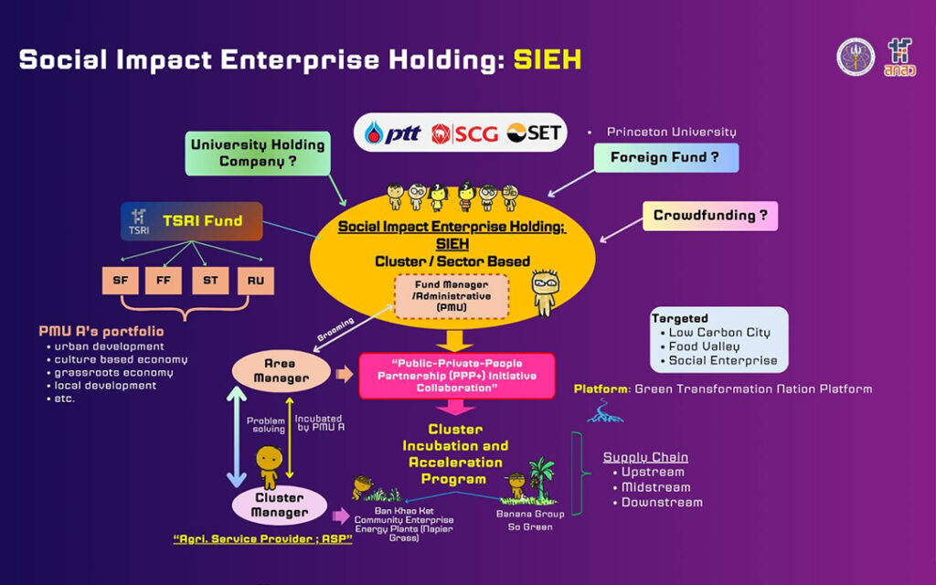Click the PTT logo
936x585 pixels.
pos(393,133)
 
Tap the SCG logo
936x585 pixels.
pos(465,133)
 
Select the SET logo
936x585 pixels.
pos(536,133)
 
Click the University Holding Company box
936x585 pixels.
pos(259,154)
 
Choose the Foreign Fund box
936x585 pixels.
pos(665,157)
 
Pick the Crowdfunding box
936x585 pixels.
pos(709,217)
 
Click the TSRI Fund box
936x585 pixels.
pos(192,221)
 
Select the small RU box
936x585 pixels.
pos(255,281)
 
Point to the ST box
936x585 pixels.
pos(210,281)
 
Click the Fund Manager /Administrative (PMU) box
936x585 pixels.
pos(452,296)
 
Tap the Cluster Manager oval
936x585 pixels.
pos(280,505)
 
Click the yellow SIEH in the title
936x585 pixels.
pos(547,60)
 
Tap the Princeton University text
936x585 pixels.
pos(672,132)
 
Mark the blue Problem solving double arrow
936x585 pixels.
pos(237,438)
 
